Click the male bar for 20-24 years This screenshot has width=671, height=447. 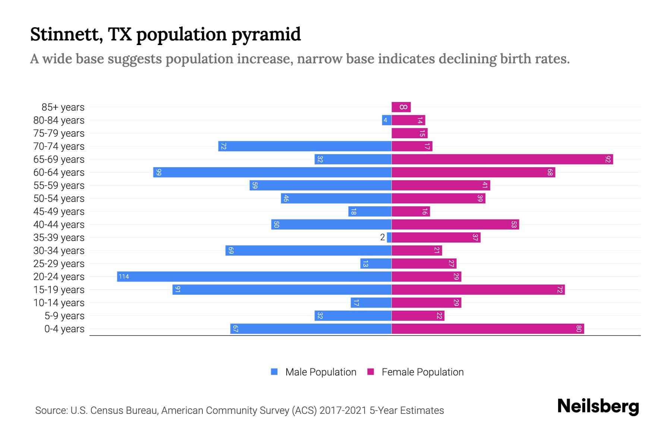point(254,276)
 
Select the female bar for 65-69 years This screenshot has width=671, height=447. point(502,159)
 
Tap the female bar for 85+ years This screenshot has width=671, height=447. point(401,107)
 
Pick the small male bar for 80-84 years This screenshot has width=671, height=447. point(387,120)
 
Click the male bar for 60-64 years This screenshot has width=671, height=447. point(272,172)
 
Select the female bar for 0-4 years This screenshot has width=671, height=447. point(488,329)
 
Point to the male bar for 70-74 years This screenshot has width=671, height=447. point(305,146)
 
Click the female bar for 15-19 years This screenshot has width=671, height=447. point(478,289)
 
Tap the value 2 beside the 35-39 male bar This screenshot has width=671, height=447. point(382,237)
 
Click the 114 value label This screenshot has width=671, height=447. point(124,276)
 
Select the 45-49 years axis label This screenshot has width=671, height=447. point(59,211)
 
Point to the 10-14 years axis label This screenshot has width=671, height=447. point(59,302)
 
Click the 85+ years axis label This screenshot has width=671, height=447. point(63,107)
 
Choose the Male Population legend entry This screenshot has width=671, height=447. point(321,372)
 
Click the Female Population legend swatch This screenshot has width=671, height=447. point(371,372)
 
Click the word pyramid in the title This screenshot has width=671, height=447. point(266,34)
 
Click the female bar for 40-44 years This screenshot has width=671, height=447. point(455,224)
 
